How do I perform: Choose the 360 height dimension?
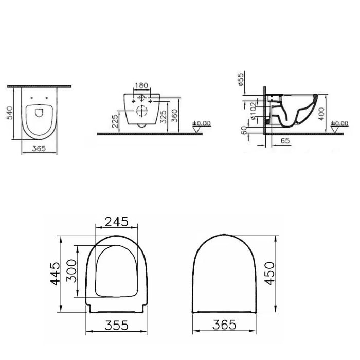[175, 114]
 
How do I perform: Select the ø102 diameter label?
[254, 110]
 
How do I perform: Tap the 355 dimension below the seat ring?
[116, 325]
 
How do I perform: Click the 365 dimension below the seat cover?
[225, 325]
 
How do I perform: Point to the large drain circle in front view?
[141, 110]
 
